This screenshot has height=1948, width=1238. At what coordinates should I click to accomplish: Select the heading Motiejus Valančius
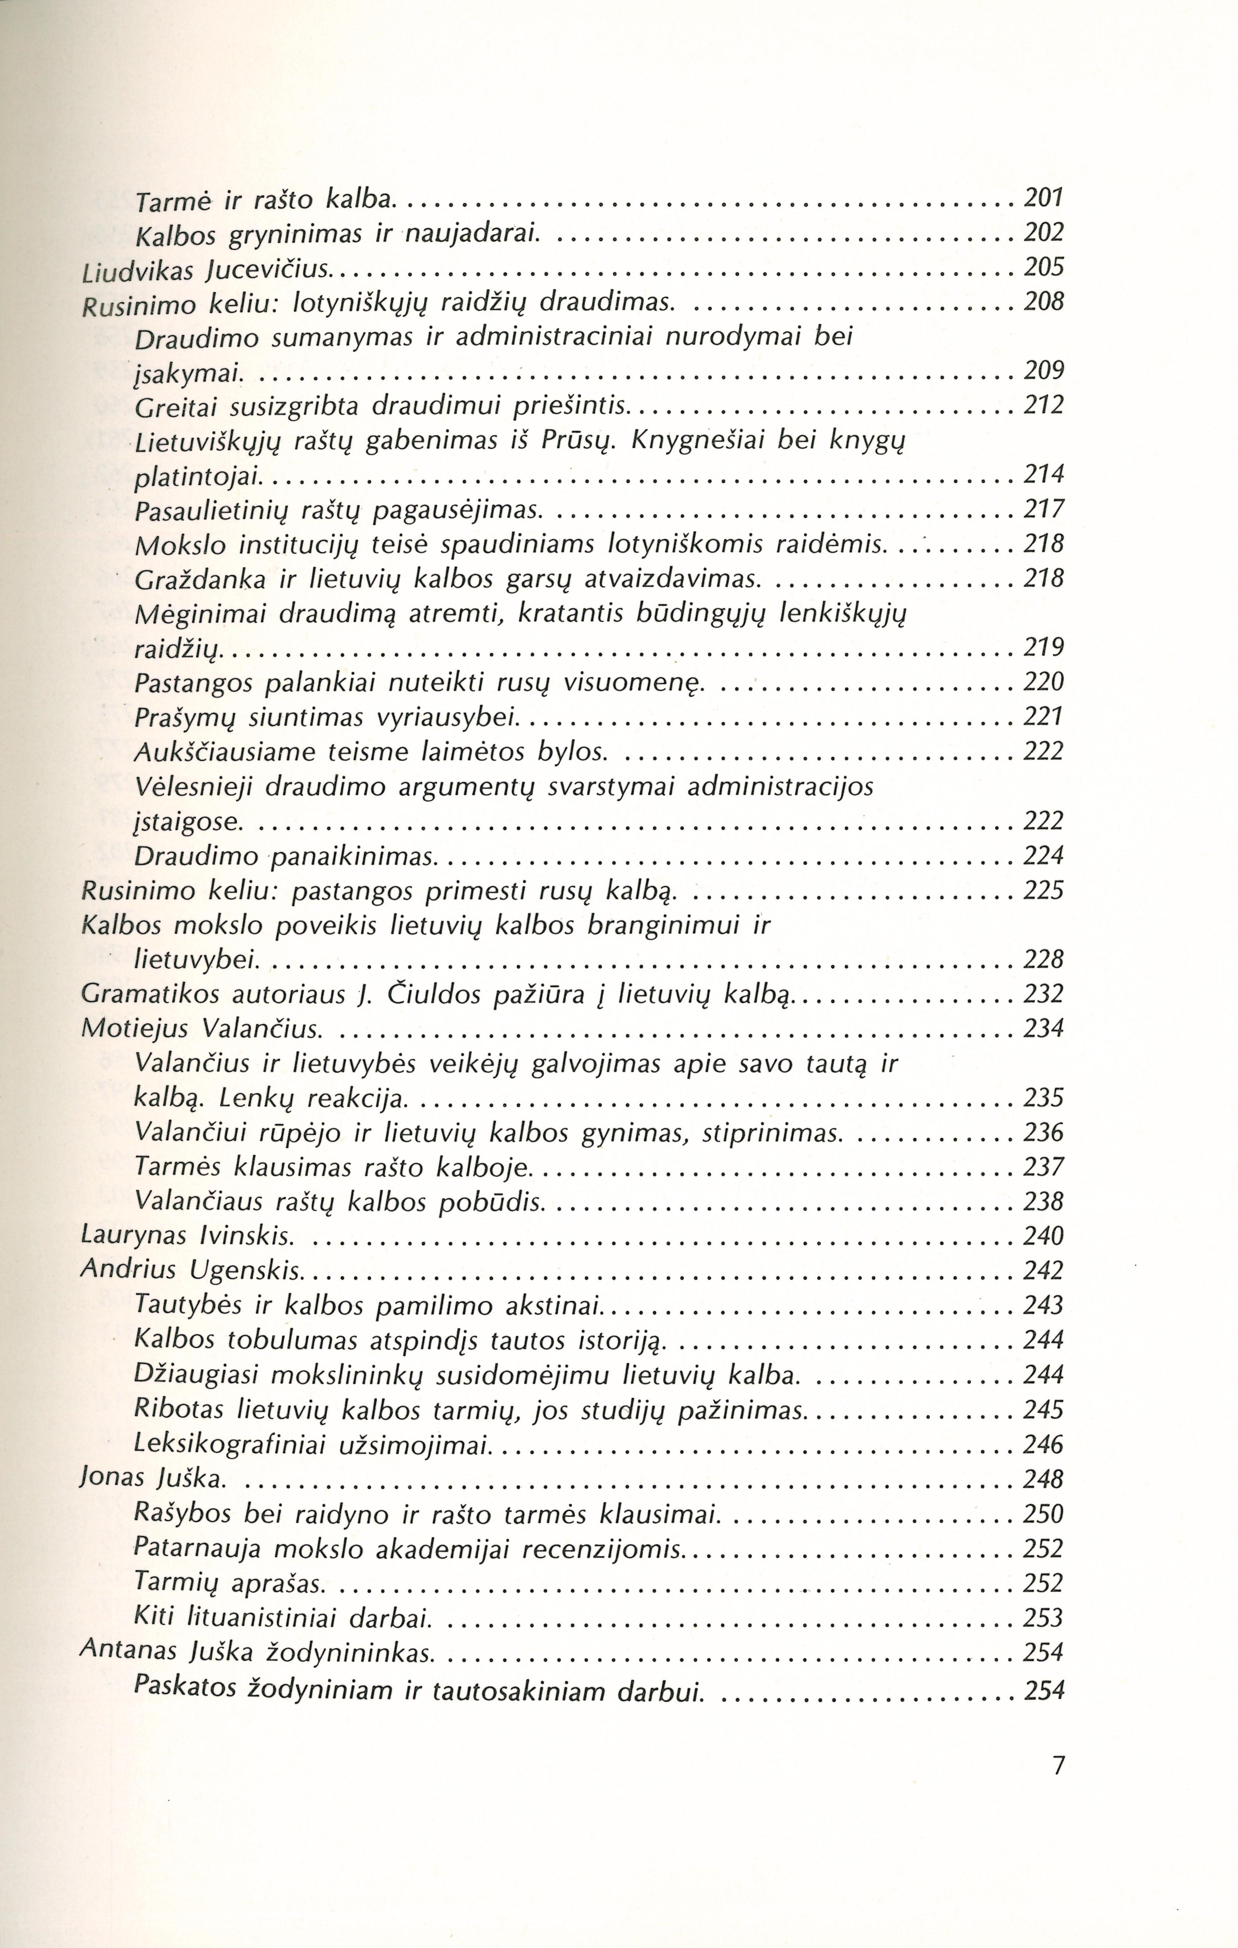tap(202, 1029)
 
